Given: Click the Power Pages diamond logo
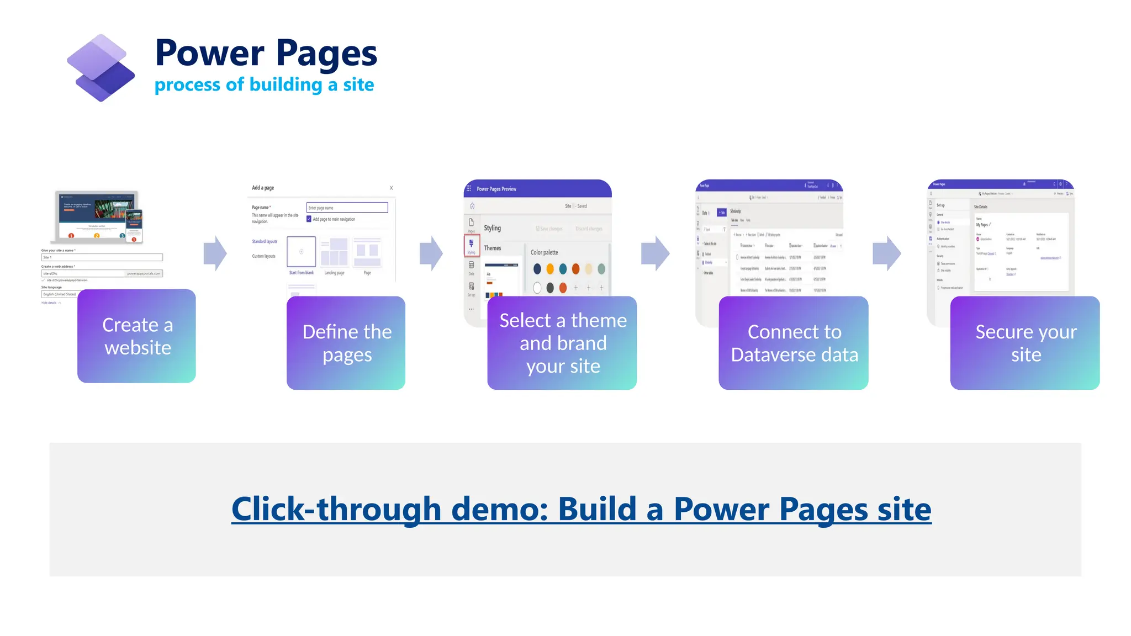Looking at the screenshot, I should [x=101, y=68].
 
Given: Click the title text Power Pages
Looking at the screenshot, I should [x=266, y=53].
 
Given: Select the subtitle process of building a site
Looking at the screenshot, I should [x=264, y=85].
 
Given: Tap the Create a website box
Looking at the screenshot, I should [x=136, y=336].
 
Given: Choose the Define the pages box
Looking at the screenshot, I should [x=346, y=343].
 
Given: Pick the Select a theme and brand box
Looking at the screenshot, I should [x=562, y=343].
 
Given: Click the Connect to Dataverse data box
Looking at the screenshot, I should [x=793, y=343].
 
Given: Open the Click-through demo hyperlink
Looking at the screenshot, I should [x=581, y=508].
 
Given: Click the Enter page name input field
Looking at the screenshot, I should [x=347, y=208].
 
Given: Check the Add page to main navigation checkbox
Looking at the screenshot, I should [x=309, y=219].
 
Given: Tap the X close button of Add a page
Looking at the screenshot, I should [x=391, y=188].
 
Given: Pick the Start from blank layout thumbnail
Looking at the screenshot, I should [x=301, y=252].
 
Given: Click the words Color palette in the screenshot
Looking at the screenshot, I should [x=544, y=252].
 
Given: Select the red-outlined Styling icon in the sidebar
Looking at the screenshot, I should [x=471, y=245].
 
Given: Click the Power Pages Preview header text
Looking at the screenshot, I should [x=496, y=189].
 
